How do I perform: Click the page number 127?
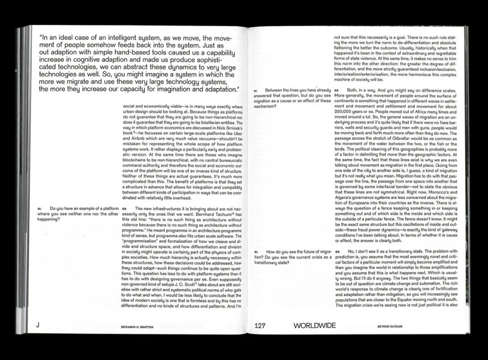[263, 325]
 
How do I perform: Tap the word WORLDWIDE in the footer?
[314, 325]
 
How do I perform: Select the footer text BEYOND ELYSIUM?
[390, 326]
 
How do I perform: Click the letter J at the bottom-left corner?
[38, 325]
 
